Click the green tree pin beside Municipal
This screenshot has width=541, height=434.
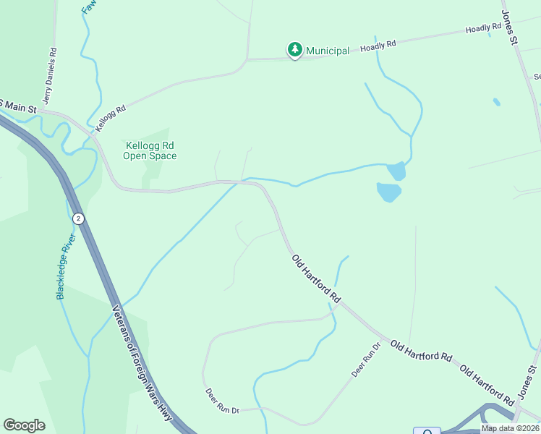tap(294, 50)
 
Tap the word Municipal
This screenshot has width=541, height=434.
tap(328, 51)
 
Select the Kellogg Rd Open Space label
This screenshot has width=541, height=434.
tap(150, 150)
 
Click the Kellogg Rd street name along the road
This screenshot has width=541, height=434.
tap(111, 118)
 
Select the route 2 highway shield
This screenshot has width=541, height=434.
tap(78, 218)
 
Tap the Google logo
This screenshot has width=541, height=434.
tap(24, 425)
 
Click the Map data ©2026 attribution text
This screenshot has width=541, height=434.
tap(510, 428)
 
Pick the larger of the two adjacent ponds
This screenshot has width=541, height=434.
tap(388, 192)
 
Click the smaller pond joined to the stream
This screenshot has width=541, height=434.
tap(396, 171)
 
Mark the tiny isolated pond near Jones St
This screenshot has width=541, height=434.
tap(497, 102)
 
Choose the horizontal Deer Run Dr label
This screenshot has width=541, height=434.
tap(223, 410)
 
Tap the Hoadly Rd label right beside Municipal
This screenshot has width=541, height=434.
tap(379, 45)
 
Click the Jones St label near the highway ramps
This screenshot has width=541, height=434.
tap(527, 383)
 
